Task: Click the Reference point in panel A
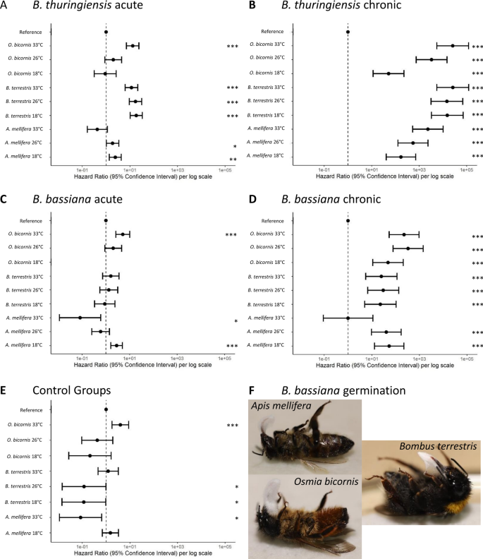click(x=106, y=32)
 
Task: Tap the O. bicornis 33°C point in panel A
click(x=133, y=46)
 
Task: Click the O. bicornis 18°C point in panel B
click(x=389, y=73)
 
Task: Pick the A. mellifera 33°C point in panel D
click(x=348, y=318)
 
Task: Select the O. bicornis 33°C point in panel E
click(x=121, y=425)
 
